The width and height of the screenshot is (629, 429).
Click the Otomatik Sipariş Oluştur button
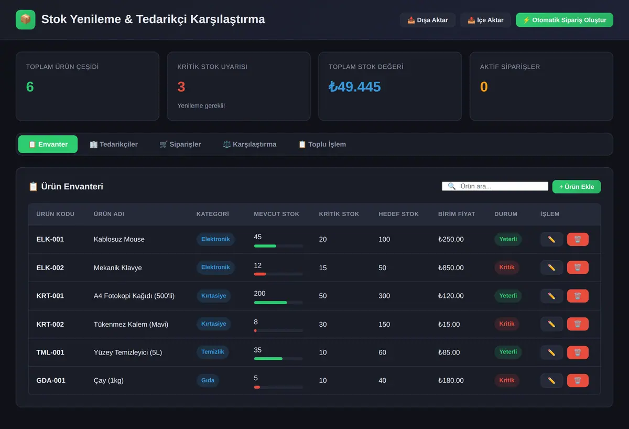click(x=565, y=20)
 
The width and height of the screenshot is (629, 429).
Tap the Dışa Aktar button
click(x=427, y=20)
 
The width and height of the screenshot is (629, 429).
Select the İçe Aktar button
click(x=485, y=20)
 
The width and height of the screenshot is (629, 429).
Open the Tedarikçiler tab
click(x=114, y=144)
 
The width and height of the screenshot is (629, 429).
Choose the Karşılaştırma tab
click(x=250, y=144)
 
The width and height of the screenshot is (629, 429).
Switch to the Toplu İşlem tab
click(x=322, y=144)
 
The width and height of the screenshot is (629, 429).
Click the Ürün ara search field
click(x=495, y=186)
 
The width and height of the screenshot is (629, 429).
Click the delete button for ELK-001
click(x=578, y=239)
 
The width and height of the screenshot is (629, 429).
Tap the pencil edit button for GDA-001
click(x=551, y=380)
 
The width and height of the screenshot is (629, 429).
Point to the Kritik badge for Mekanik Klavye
click(x=506, y=267)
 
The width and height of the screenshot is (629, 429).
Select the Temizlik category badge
click(x=213, y=352)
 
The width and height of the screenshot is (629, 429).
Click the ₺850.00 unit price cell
click(x=451, y=268)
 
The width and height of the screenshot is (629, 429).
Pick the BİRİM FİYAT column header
click(x=457, y=214)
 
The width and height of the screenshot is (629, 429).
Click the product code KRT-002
click(x=50, y=324)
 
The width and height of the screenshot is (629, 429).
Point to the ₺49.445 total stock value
click(x=355, y=87)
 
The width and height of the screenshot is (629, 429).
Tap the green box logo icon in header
click(x=26, y=19)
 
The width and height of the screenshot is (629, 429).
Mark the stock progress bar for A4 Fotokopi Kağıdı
click(x=278, y=303)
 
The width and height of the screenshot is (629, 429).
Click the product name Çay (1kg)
click(x=109, y=380)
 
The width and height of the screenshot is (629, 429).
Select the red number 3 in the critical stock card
click(x=181, y=87)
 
